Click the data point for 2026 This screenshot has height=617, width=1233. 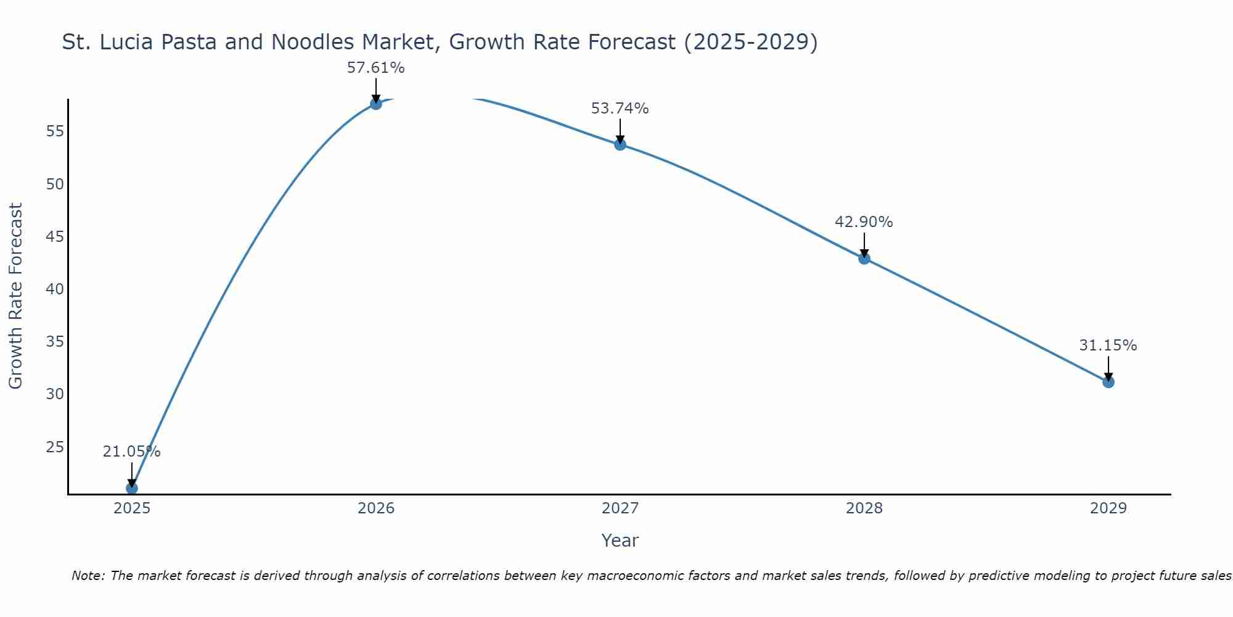click(376, 104)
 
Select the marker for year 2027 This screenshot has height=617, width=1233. click(620, 144)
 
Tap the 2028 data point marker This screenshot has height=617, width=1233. click(864, 259)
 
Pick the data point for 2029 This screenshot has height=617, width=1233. click(1108, 382)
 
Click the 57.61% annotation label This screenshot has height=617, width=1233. click(376, 68)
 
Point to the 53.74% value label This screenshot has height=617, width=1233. click(620, 109)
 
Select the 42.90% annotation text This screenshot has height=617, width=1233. click(864, 222)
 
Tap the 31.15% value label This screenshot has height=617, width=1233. click(1108, 346)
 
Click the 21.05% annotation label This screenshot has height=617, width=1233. click(132, 452)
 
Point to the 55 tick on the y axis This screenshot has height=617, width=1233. click(55, 131)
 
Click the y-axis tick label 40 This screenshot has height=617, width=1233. click(55, 289)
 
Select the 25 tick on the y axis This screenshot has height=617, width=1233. click(55, 447)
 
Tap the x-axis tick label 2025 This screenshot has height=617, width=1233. click(132, 508)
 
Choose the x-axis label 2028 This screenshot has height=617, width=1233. click(864, 508)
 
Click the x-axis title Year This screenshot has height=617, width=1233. click(620, 540)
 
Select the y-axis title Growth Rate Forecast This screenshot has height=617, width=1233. click(16, 296)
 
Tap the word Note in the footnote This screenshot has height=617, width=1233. click(89, 576)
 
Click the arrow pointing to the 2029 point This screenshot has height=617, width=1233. click(1108, 368)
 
